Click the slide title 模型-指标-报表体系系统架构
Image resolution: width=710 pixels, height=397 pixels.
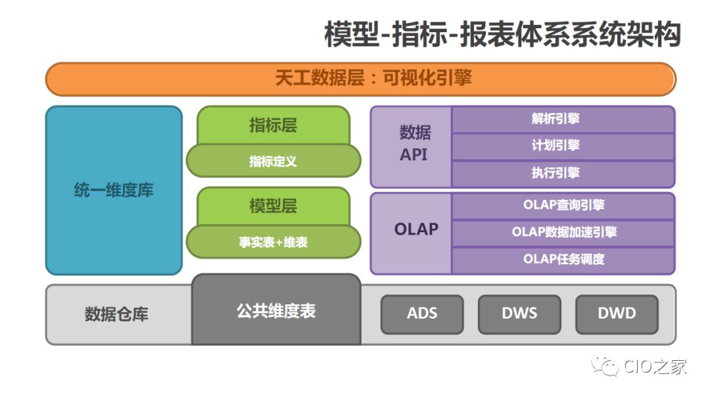tap(502, 35)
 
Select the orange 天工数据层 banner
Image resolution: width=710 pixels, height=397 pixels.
tap(360, 79)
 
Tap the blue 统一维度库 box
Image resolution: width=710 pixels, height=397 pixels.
tap(114, 191)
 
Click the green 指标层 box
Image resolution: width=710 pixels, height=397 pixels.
tap(273, 125)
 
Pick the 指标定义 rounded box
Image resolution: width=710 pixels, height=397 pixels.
tap(273, 161)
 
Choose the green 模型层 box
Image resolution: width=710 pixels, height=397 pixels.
tap(273, 206)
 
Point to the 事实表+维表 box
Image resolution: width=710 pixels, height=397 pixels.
tap(273, 243)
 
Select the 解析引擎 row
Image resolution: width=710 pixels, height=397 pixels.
tap(563, 119)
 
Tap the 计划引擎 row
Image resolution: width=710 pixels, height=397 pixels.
tap(563, 146)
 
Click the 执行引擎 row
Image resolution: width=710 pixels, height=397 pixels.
tap(563, 174)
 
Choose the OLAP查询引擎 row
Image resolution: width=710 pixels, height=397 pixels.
tap(563, 205)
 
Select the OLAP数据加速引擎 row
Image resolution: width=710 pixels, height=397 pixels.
tap(563, 232)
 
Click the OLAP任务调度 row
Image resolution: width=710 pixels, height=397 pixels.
tap(563, 259)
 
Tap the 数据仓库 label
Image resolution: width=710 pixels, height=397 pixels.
tap(116, 314)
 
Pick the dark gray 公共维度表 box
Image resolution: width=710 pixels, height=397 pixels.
tap(276, 310)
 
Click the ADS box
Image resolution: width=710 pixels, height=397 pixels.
tap(422, 314)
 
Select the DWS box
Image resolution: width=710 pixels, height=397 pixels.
tap(519, 314)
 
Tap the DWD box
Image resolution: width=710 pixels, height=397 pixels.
tap(617, 314)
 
